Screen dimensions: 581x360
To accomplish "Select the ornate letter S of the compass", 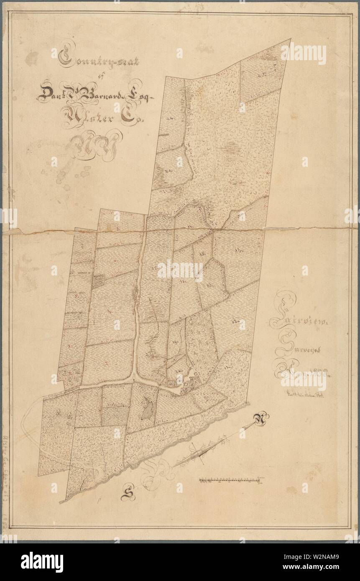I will [126, 495].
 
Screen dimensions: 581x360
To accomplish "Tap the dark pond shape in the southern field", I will [147, 407].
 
